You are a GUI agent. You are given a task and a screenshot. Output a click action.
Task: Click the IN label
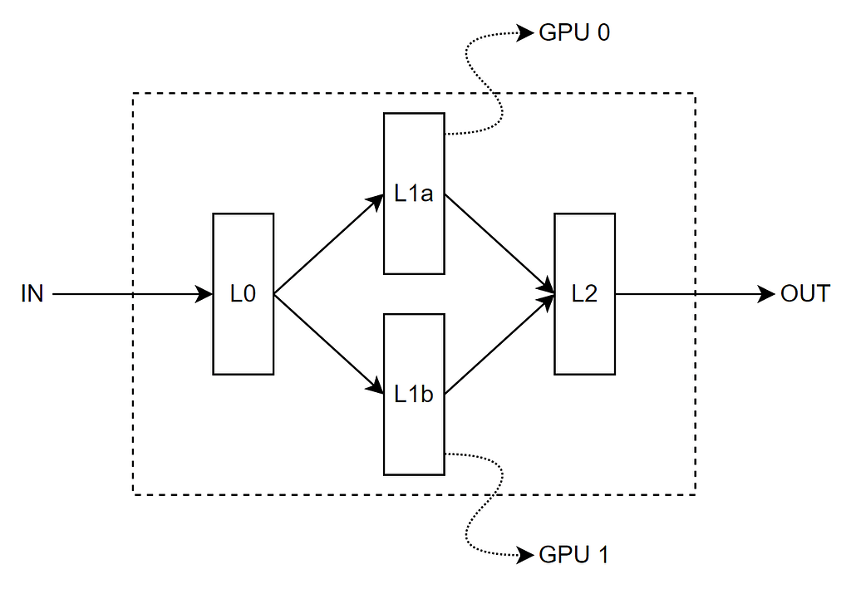click(32, 294)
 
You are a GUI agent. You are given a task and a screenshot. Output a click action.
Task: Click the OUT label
click(804, 294)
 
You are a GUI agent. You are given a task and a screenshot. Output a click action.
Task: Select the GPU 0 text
click(574, 33)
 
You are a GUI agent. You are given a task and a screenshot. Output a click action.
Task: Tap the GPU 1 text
click(574, 554)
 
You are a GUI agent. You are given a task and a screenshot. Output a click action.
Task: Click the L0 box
click(243, 294)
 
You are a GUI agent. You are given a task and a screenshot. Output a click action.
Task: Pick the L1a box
click(414, 194)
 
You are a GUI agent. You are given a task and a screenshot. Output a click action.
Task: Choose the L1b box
click(414, 395)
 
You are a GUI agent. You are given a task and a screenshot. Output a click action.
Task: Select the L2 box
click(584, 294)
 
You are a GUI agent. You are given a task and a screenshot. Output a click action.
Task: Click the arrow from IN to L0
click(125, 294)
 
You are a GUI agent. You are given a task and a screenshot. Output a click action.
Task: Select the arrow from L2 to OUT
click(690, 294)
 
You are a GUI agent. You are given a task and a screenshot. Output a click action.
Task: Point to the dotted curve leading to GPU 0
click(490, 83)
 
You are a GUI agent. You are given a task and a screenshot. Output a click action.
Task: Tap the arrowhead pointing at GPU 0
click(525, 33)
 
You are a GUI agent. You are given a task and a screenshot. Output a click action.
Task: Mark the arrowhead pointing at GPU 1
click(525, 554)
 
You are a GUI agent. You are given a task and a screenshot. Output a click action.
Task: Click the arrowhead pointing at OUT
click(767, 294)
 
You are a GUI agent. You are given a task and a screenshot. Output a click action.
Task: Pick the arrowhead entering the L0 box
click(204, 294)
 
